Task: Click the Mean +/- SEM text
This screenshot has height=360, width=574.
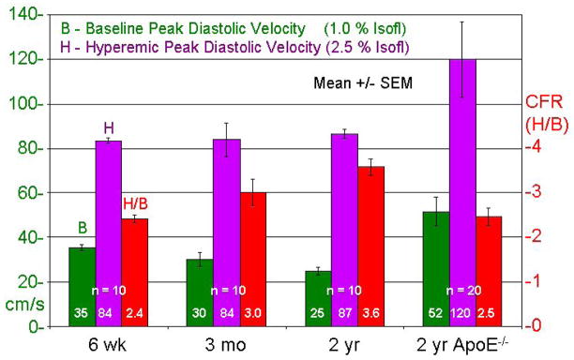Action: click(363, 82)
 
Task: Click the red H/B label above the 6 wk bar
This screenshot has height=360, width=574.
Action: click(136, 203)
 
